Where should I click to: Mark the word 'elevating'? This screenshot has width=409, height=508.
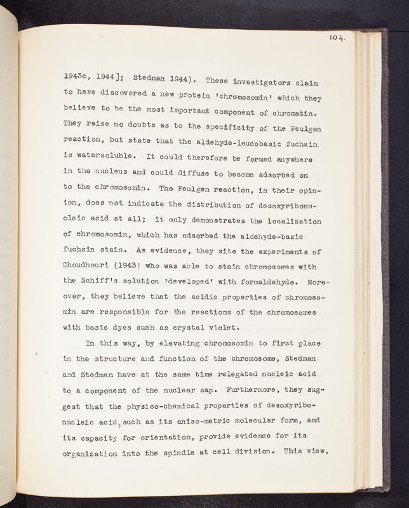click(189, 344)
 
